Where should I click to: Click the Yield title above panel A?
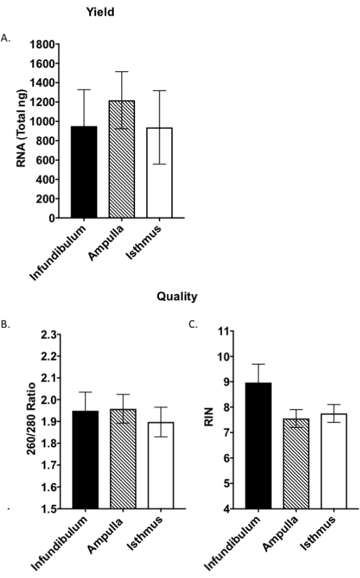(x=101, y=12)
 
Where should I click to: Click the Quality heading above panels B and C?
(x=177, y=297)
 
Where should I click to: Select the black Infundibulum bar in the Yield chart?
(x=84, y=172)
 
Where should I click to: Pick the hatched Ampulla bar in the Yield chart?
(x=122, y=159)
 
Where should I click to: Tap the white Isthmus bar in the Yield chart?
(x=160, y=173)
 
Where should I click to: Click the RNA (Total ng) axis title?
(x=21, y=128)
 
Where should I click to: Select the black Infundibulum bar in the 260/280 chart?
(x=85, y=460)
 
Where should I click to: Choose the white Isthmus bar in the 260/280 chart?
(x=161, y=466)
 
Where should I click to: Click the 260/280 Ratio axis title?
(x=31, y=419)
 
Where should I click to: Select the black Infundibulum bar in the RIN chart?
(x=258, y=445)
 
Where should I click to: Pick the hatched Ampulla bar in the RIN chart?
(x=297, y=464)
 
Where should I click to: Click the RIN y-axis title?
(x=209, y=417)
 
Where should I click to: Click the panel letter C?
(x=193, y=324)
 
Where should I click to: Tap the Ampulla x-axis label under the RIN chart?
(x=281, y=534)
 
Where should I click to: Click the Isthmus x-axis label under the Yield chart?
(x=144, y=242)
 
